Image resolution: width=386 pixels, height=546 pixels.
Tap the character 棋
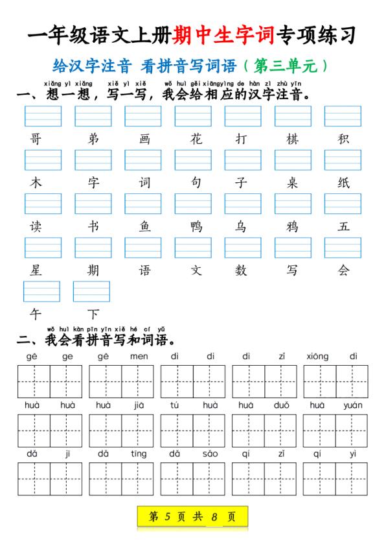[x=292, y=139]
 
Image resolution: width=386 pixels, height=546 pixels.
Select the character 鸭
[x=196, y=226]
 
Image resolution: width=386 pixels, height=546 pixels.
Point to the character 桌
[x=292, y=183]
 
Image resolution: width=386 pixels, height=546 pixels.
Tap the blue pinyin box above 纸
[x=343, y=160]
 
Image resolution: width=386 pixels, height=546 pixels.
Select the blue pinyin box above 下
[x=91, y=292]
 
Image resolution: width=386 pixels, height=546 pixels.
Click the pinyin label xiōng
[x=317, y=356]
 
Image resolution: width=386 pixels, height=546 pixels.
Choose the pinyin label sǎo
[x=210, y=454]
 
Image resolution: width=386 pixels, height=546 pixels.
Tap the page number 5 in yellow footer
[x=167, y=517]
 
